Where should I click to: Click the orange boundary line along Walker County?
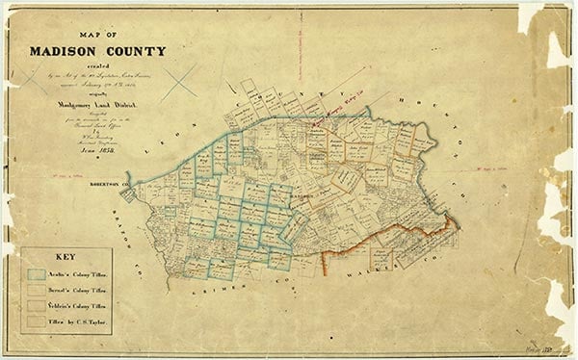click(385, 244)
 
